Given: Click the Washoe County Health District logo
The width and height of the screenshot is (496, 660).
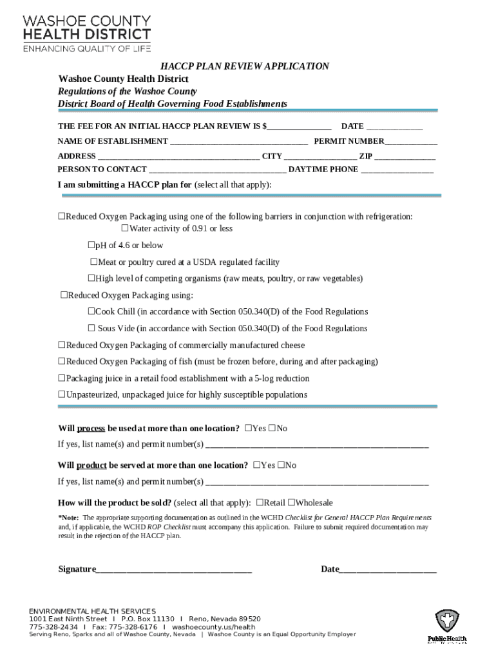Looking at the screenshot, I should tap(88, 32).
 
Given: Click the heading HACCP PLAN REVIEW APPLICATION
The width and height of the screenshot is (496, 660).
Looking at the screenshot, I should tap(245, 66).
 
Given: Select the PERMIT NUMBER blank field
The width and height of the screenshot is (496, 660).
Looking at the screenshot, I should tap(411, 142).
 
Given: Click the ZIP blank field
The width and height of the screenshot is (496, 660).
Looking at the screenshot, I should tap(405, 157).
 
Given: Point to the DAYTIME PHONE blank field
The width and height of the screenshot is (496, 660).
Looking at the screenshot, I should tap(397, 170).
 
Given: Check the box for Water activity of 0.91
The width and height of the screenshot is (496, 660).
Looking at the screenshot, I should tap(126, 229).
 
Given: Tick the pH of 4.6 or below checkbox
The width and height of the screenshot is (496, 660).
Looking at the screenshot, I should tap(91, 246).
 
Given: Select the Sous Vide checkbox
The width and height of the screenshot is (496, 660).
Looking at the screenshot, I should tap(91, 329).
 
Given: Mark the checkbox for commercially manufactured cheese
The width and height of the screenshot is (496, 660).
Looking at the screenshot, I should tap(62, 345).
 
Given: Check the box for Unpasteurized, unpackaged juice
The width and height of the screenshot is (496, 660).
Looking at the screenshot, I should tap(62, 394).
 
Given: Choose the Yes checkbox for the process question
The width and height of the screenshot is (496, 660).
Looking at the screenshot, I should tap(248, 429).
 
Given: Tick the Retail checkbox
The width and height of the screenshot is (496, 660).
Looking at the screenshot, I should tap(260, 503).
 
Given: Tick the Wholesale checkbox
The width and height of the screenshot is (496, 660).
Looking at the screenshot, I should tap(291, 503).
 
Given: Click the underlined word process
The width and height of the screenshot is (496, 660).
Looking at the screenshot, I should tap(91, 429).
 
